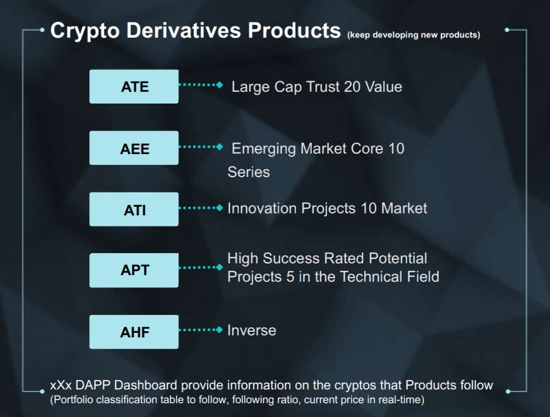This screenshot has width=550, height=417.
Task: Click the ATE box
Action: coord(134,86)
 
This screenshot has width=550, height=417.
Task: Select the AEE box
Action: coord(134,148)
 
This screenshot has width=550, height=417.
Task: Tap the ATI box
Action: coord(134,209)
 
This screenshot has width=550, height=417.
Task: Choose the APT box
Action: coord(134,270)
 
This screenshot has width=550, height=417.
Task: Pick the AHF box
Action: coord(134,332)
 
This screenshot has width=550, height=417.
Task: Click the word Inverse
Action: coord(252,330)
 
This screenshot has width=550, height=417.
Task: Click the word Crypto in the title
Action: coord(85,31)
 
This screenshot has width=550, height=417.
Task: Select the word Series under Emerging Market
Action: coord(249,172)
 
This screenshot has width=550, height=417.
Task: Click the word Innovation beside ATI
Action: coord(262,208)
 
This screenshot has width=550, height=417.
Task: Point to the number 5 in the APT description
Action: coord(290,277)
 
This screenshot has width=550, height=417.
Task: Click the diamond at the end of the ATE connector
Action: coord(220,85)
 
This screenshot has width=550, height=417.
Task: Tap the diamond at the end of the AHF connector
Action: coord(220,330)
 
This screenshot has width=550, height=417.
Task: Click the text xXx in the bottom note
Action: coord(61,385)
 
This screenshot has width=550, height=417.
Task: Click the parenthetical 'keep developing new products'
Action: coord(414,35)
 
